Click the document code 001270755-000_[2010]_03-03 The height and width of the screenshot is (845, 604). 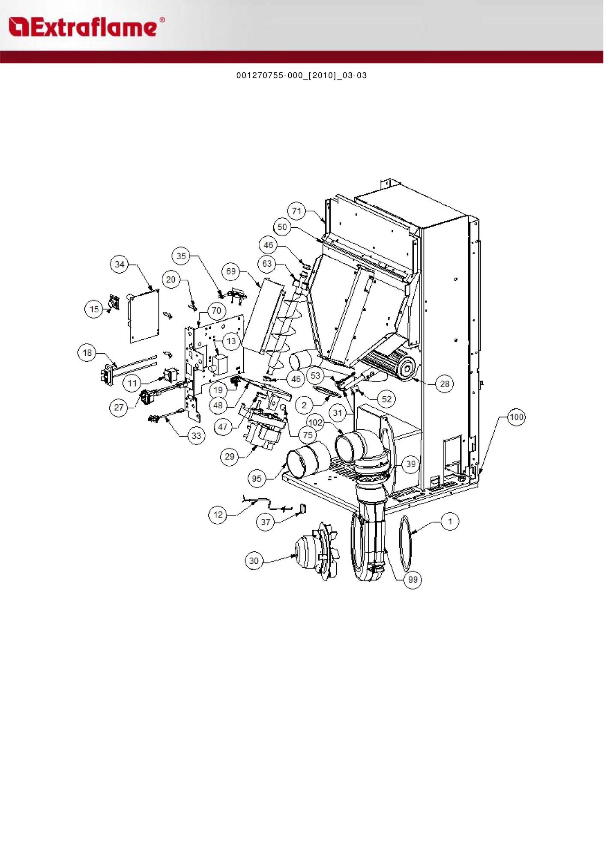pyautogui.click(x=302, y=76)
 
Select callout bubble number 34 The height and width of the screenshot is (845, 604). pyautogui.click(x=120, y=264)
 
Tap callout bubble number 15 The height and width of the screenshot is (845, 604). pyautogui.click(x=94, y=309)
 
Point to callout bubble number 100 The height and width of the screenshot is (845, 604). pyautogui.click(x=517, y=417)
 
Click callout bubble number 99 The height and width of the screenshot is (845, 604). pyautogui.click(x=413, y=579)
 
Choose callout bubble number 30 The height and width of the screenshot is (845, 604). pyautogui.click(x=254, y=561)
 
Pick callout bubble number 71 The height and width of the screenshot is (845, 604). pyautogui.click(x=297, y=211)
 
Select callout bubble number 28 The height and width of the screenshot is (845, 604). pyautogui.click(x=445, y=384)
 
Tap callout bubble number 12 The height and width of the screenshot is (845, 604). pyautogui.click(x=218, y=515)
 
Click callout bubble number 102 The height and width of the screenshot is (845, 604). pyautogui.click(x=315, y=422)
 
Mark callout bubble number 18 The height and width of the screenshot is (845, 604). pyautogui.click(x=87, y=353)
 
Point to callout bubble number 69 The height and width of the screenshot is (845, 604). pyautogui.click(x=231, y=271)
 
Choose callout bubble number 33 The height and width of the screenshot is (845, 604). pyautogui.click(x=196, y=436)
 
